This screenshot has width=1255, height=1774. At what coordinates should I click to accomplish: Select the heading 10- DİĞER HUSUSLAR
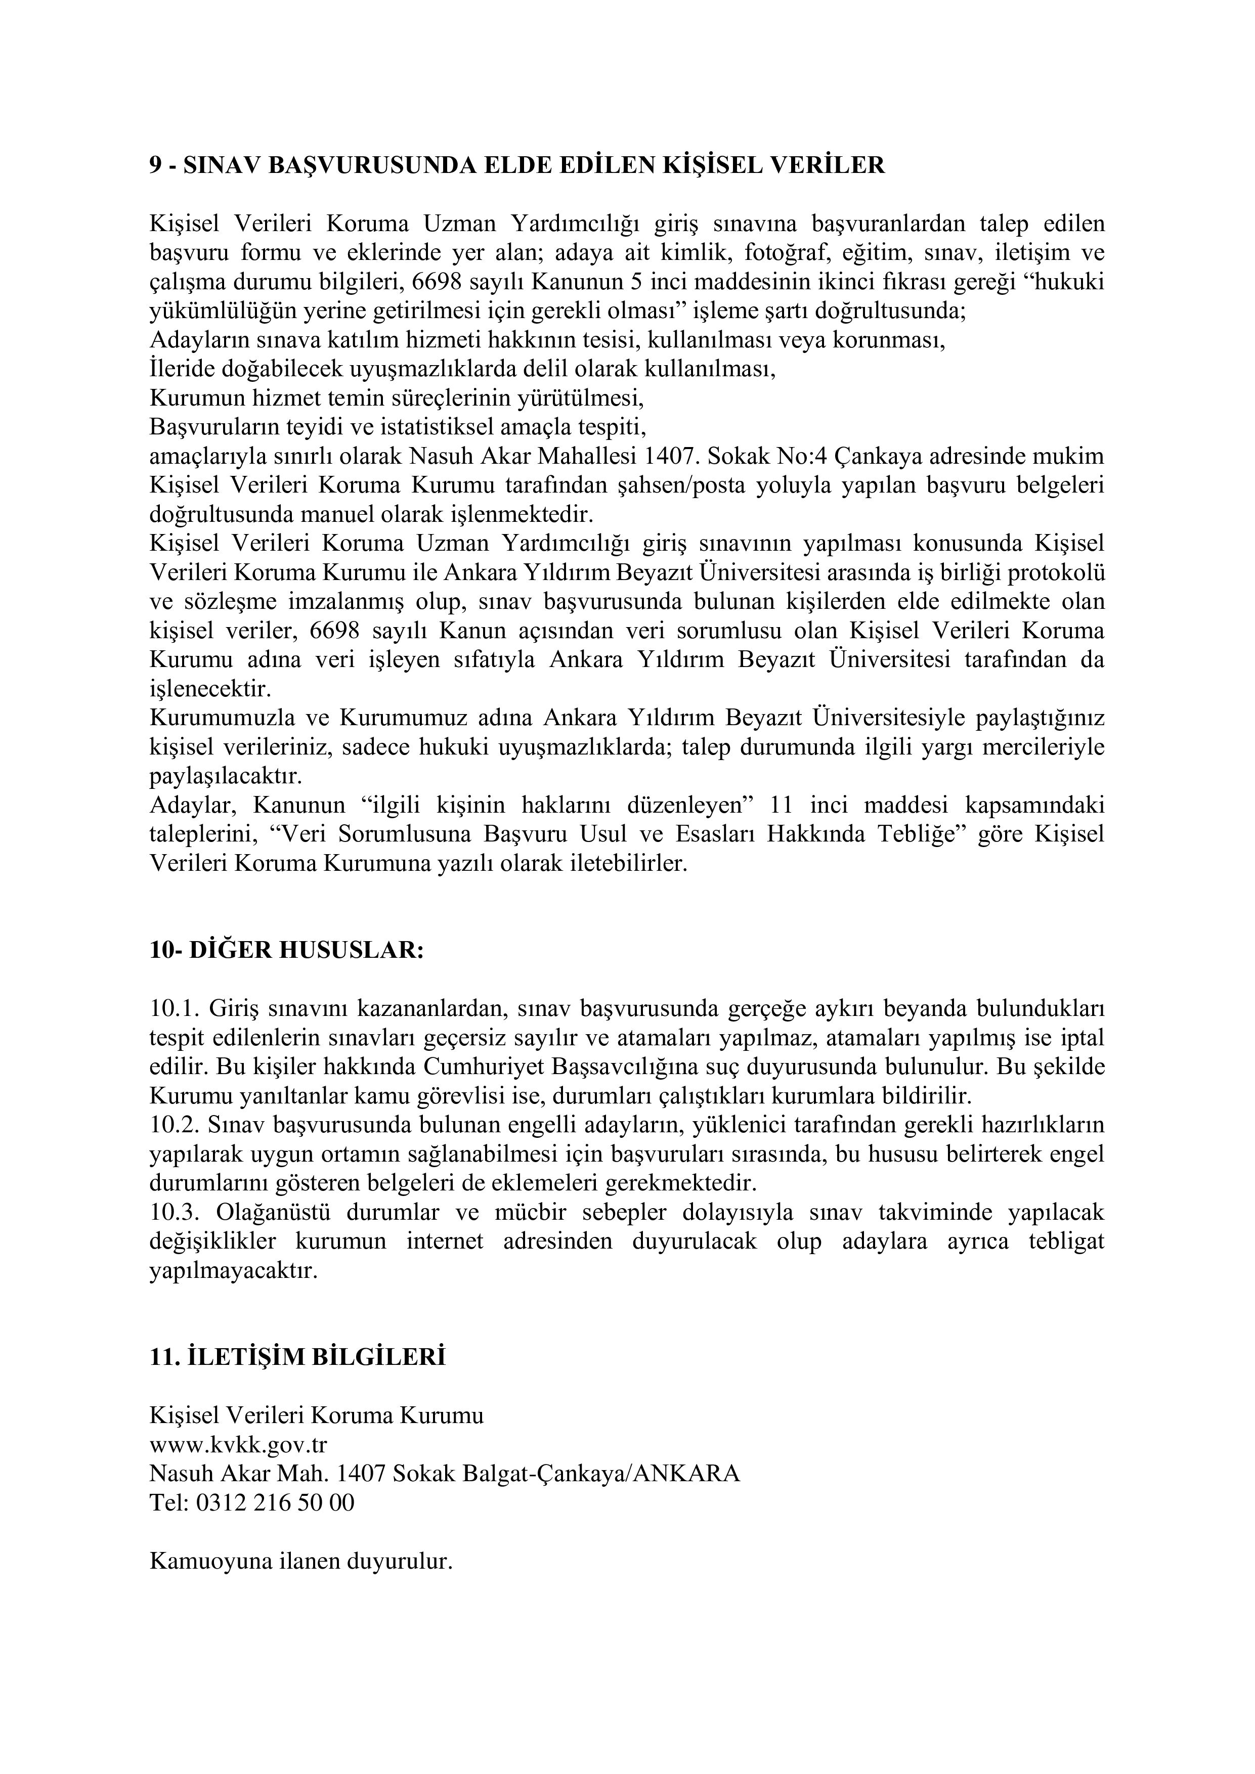tap(286, 950)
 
